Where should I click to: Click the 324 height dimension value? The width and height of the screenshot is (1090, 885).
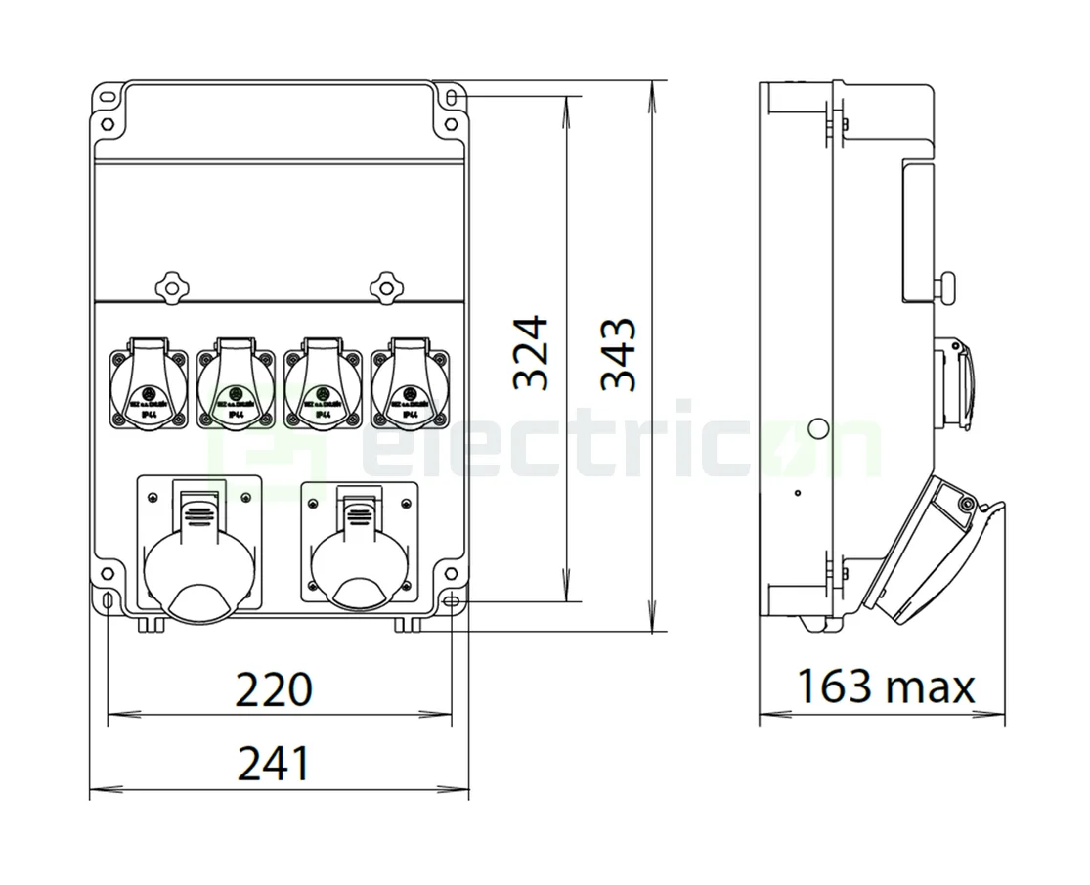(532, 353)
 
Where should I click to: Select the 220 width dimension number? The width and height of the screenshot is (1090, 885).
(274, 688)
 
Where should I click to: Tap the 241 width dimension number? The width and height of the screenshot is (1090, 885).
(274, 763)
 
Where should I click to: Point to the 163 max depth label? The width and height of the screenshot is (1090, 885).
(885, 686)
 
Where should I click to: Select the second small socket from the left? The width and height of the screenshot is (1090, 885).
(235, 385)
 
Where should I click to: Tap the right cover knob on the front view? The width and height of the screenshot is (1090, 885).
(386, 287)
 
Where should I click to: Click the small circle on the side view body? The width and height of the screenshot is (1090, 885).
(817, 427)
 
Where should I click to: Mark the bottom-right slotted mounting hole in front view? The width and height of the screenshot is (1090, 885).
(451, 598)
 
